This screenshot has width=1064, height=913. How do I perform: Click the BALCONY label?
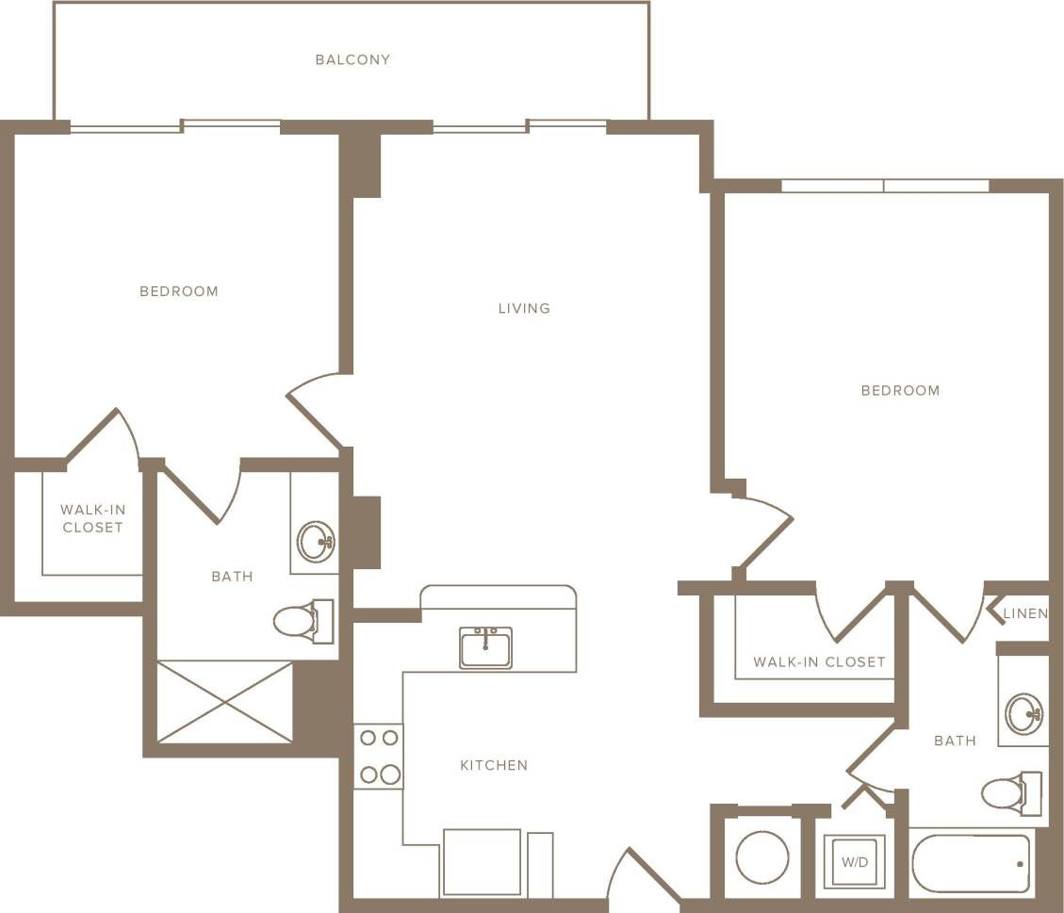[x=352, y=59]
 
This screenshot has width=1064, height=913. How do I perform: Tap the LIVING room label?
[x=524, y=308]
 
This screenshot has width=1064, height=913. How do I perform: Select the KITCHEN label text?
[x=494, y=765]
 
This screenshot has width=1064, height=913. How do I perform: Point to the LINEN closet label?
[x=1025, y=613]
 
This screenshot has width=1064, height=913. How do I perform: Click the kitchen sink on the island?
[x=485, y=648]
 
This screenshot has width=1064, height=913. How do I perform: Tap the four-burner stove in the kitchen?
[x=378, y=757]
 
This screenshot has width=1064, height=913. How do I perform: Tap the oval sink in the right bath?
[x=1023, y=713]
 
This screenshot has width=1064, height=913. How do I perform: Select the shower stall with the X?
[x=225, y=702]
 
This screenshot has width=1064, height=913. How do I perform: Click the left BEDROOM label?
[x=179, y=291]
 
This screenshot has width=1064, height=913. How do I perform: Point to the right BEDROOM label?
[x=900, y=390]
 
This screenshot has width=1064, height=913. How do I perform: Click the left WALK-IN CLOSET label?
[x=92, y=518]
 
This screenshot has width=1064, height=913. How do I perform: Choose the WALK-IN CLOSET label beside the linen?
[x=819, y=661]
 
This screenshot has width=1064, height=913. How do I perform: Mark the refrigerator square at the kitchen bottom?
[x=481, y=862]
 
